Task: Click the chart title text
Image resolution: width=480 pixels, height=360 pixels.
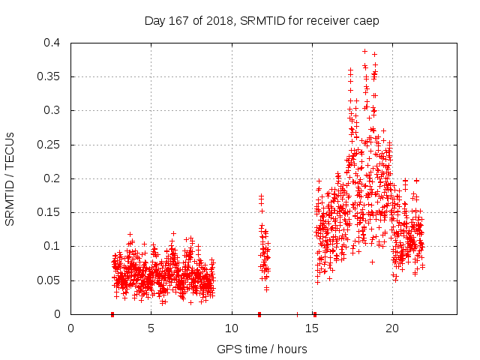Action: pos(262,20)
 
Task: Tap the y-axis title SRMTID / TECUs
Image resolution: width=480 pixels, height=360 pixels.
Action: pos(10,178)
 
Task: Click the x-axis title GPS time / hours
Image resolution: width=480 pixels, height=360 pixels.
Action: pos(262,349)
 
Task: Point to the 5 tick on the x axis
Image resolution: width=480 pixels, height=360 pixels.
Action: pos(151,328)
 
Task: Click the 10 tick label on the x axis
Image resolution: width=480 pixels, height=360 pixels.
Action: pos(232,328)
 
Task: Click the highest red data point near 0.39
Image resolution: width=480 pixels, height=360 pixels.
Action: pos(364,52)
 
